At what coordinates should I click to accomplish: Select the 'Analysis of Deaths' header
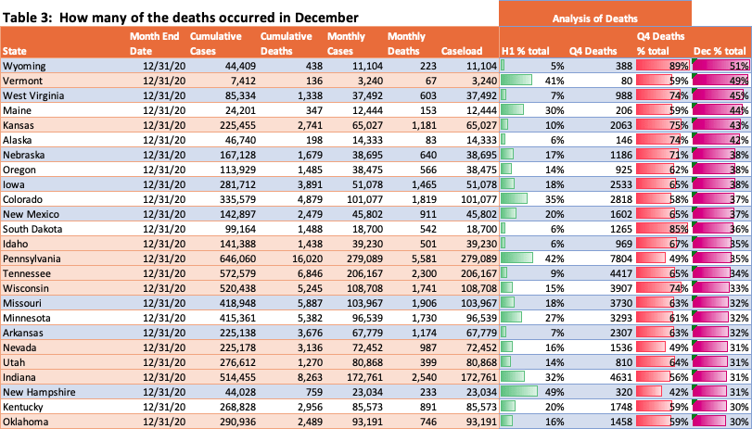(x=594, y=18)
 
